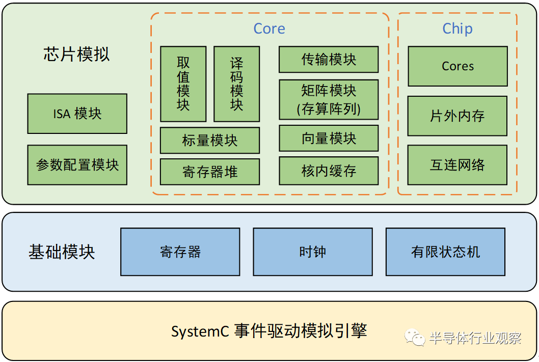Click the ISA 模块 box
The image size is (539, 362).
(77, 114)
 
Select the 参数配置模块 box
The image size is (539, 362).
(77, 165)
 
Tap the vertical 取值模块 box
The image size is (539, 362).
(183, 84)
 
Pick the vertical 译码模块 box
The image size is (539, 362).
(236, 84)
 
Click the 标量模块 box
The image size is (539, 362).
(210, 141)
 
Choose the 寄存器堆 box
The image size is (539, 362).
(210, 172)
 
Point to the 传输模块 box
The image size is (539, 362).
(329, 60)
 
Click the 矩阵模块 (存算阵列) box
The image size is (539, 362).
(329, 100)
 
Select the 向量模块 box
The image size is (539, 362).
(329, 138)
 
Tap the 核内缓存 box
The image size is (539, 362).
(329, 171)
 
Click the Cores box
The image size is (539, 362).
(457, 66)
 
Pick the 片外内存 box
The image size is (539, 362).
(457, 116)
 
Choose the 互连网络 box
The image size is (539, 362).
(457, 165)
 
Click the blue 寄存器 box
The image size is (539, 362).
(180, 252)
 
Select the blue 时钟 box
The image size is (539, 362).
(313, 252)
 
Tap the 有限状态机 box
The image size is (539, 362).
(445, 252)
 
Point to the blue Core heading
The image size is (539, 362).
(269, 29)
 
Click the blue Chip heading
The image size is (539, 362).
(457, 29)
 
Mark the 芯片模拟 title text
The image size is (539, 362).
(76, 54)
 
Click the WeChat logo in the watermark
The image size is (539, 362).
(415, 337)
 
